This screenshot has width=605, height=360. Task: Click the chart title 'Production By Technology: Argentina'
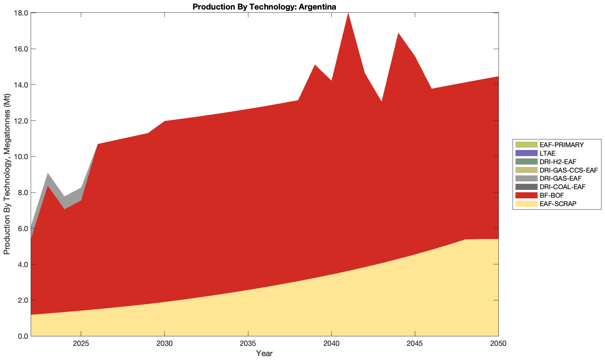[x=264, y=7]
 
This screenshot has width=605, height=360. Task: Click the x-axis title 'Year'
[x=264, y=353]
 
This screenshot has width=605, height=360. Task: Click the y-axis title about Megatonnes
[x=7, y=174]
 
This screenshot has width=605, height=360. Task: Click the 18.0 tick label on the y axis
[x=21, y=13]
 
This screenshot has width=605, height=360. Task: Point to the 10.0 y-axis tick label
[x=21, y=157]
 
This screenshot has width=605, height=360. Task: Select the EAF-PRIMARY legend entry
[x=562, y=145]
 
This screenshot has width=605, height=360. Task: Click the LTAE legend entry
[x=547, y=153]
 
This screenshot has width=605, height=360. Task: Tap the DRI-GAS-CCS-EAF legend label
[x=568, y=170]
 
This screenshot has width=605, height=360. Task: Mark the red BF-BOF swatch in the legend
[x=526, y=195]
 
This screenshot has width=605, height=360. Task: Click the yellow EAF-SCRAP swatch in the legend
[x=526, y=204]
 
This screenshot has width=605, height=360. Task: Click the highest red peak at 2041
[x=348, y=14]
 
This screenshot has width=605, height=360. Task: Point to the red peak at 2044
[x=398, y=34]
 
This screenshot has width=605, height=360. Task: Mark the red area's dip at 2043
[x=381, y=103]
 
